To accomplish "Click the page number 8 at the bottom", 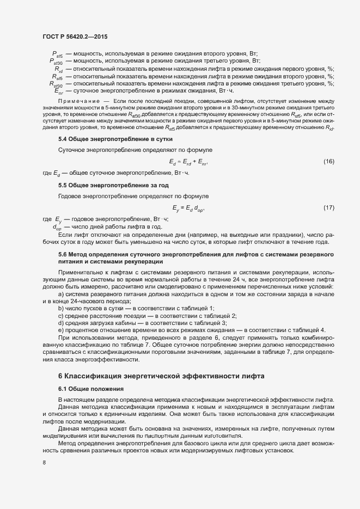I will point(44,463).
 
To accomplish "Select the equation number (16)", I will point(328,162).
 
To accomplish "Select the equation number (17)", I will point(328,207).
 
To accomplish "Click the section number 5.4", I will point(63,140).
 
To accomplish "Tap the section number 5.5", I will point(63,186).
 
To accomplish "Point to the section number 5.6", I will point(63,254).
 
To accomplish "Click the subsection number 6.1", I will point(63,389).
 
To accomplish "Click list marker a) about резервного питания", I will point(61,294).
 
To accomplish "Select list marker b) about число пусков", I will point(61,309).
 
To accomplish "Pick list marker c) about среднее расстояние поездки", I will point(61,316).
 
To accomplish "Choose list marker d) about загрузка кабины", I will point(61,323).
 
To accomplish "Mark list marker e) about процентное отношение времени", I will point(61,330).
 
